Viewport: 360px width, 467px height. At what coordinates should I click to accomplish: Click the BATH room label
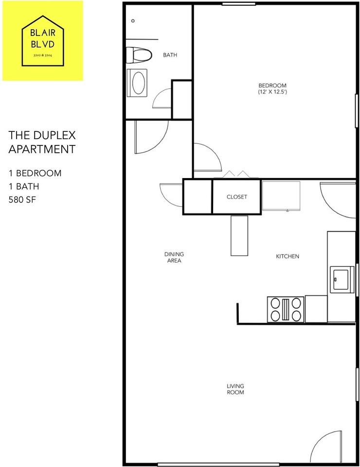(170, 55)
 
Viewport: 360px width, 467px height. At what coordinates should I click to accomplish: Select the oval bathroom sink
(139, 82)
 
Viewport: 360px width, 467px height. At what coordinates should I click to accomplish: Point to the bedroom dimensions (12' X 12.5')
(272, 91)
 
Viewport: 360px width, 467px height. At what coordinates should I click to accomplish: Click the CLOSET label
(237, 197)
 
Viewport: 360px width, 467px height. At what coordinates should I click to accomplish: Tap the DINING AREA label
(174, 257)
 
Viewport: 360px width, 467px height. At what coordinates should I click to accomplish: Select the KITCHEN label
(288, 256)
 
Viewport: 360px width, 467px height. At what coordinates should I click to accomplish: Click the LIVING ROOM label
(235, 389)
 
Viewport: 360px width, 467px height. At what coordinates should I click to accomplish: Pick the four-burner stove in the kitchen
(286, 309)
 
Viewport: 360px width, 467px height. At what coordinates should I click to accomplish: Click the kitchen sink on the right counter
(342, 279)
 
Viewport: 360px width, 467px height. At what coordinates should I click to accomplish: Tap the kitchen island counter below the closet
(239, 235)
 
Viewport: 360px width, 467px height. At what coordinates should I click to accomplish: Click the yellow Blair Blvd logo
(43, 40)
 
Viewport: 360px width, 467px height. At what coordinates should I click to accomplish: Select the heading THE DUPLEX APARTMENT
(42, 142)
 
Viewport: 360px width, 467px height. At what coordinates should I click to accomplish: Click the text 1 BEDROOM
(35, 173)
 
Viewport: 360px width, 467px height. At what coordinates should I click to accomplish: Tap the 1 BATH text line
(24, 186)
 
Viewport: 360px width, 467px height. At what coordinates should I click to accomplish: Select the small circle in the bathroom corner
(133, 21)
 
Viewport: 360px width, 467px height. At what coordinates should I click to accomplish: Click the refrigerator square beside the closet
(281, 196)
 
